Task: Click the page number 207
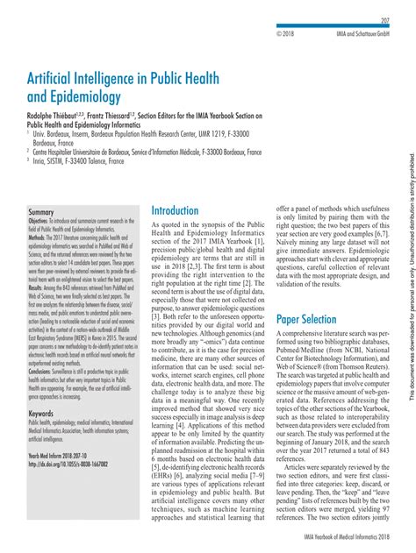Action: coord(384,19)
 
